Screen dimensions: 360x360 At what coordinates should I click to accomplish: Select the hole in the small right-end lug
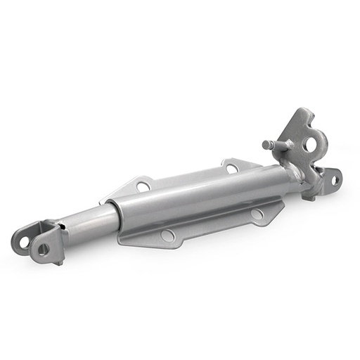(x=336, y=179)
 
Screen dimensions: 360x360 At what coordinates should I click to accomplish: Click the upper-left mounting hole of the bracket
(x=143, y=186)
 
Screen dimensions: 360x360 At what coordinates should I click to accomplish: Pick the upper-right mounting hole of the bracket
(x=231, y=168)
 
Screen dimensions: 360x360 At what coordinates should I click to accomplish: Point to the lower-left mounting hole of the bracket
(x=167, y=235)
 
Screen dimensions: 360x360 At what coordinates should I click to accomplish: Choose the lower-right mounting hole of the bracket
(x=257, y=214)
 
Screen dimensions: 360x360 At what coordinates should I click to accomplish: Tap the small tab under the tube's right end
(x=309, y=198)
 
